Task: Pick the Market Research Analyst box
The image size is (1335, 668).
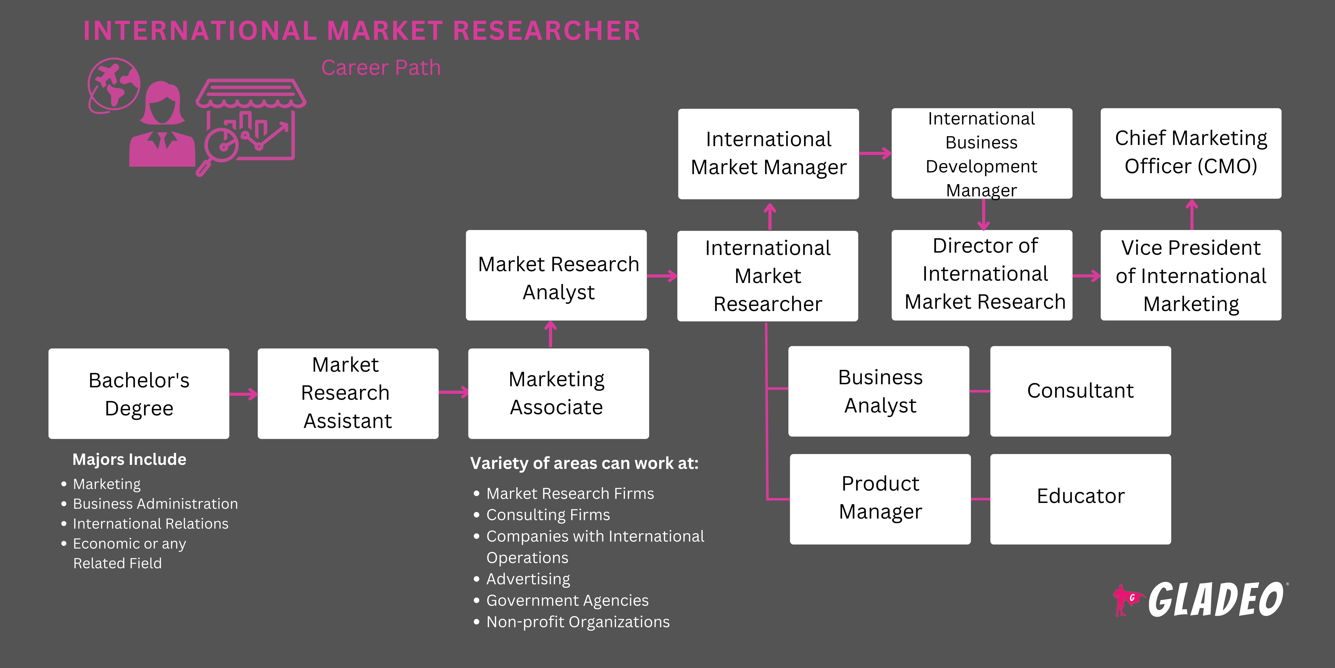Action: pyautogui.click(x=556, y=275)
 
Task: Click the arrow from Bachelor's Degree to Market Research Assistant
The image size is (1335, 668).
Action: pyautogui.click(x=244, y=394)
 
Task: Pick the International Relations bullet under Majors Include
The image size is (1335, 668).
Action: pyautogui.click(x=150, y=524)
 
